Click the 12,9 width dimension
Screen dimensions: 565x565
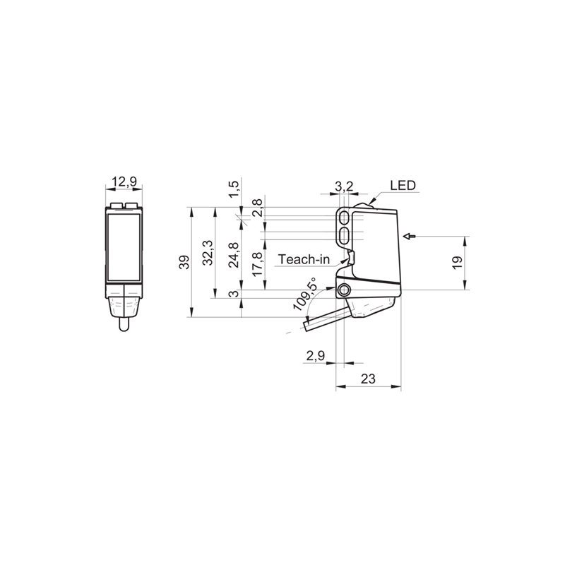[124, 182]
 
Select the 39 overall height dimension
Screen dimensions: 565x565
[185, 262]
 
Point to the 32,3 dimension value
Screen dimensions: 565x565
[208, 253]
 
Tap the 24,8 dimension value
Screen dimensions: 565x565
[234, 255]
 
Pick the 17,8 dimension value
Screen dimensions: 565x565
[257, 264]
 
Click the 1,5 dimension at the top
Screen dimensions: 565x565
[234, 189]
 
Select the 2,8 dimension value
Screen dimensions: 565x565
[257, 208]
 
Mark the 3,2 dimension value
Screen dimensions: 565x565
[344, 186]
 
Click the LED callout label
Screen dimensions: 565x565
[403, 185]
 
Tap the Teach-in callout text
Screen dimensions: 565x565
[304, 259]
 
